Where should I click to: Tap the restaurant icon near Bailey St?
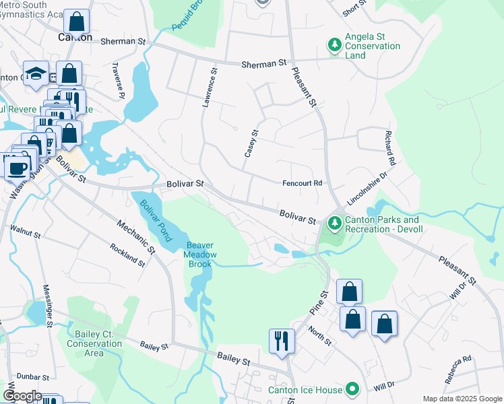[x=281, y=340]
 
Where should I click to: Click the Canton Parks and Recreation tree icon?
[x=334, y=222]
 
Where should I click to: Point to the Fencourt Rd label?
[x=302, y=183]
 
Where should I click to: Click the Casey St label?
[x=251, y=143]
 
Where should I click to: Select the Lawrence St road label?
[x=210, y=87]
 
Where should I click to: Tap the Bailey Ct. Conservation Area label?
[x=94, y=343]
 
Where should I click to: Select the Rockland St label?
[x=127, y=255]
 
